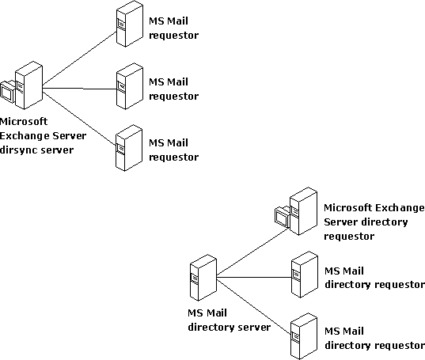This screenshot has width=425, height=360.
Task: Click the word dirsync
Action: [18, 150]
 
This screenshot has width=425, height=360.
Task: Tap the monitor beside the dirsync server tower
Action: [7, 92]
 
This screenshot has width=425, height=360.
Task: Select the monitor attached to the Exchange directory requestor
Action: [283, 217]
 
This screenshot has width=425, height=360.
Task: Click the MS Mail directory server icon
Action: [203, 278]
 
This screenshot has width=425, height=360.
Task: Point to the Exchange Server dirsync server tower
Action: [28, 85]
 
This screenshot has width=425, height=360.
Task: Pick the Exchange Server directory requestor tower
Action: [304, 211]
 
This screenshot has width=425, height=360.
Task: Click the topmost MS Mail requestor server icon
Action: [130, 24]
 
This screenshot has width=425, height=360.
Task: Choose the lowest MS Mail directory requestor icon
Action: [304, 336]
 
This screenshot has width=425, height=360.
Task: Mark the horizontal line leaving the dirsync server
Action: [79, 89]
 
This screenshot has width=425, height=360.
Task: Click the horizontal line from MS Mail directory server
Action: [254, 277]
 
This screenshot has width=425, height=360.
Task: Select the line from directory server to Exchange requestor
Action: [253, 252]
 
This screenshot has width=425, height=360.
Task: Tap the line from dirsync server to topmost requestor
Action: [79, 59]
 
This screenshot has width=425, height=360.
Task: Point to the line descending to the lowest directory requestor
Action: [254, 307]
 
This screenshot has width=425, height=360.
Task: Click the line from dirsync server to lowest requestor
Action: [79, 119]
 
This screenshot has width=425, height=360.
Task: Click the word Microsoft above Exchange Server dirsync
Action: [24, 121]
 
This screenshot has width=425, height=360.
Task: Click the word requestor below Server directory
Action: [349, 237]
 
